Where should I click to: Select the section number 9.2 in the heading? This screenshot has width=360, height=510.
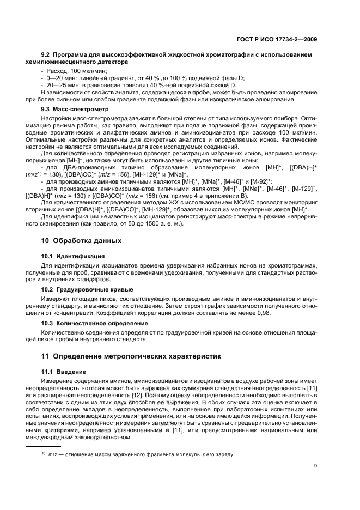click(x=47, y=55)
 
